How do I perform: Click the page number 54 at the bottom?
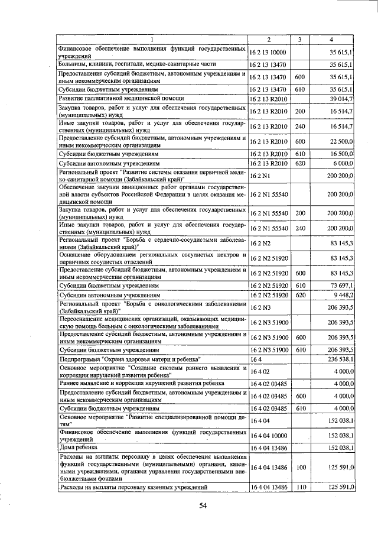[x=202, y=505]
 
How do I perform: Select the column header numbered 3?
[x=300, y=40]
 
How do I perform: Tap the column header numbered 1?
[x=152, y=40]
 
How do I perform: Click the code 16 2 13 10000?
[x=269, y=53]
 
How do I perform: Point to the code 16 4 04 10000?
[x=269, y=436]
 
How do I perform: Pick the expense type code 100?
[x=299, y=468]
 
